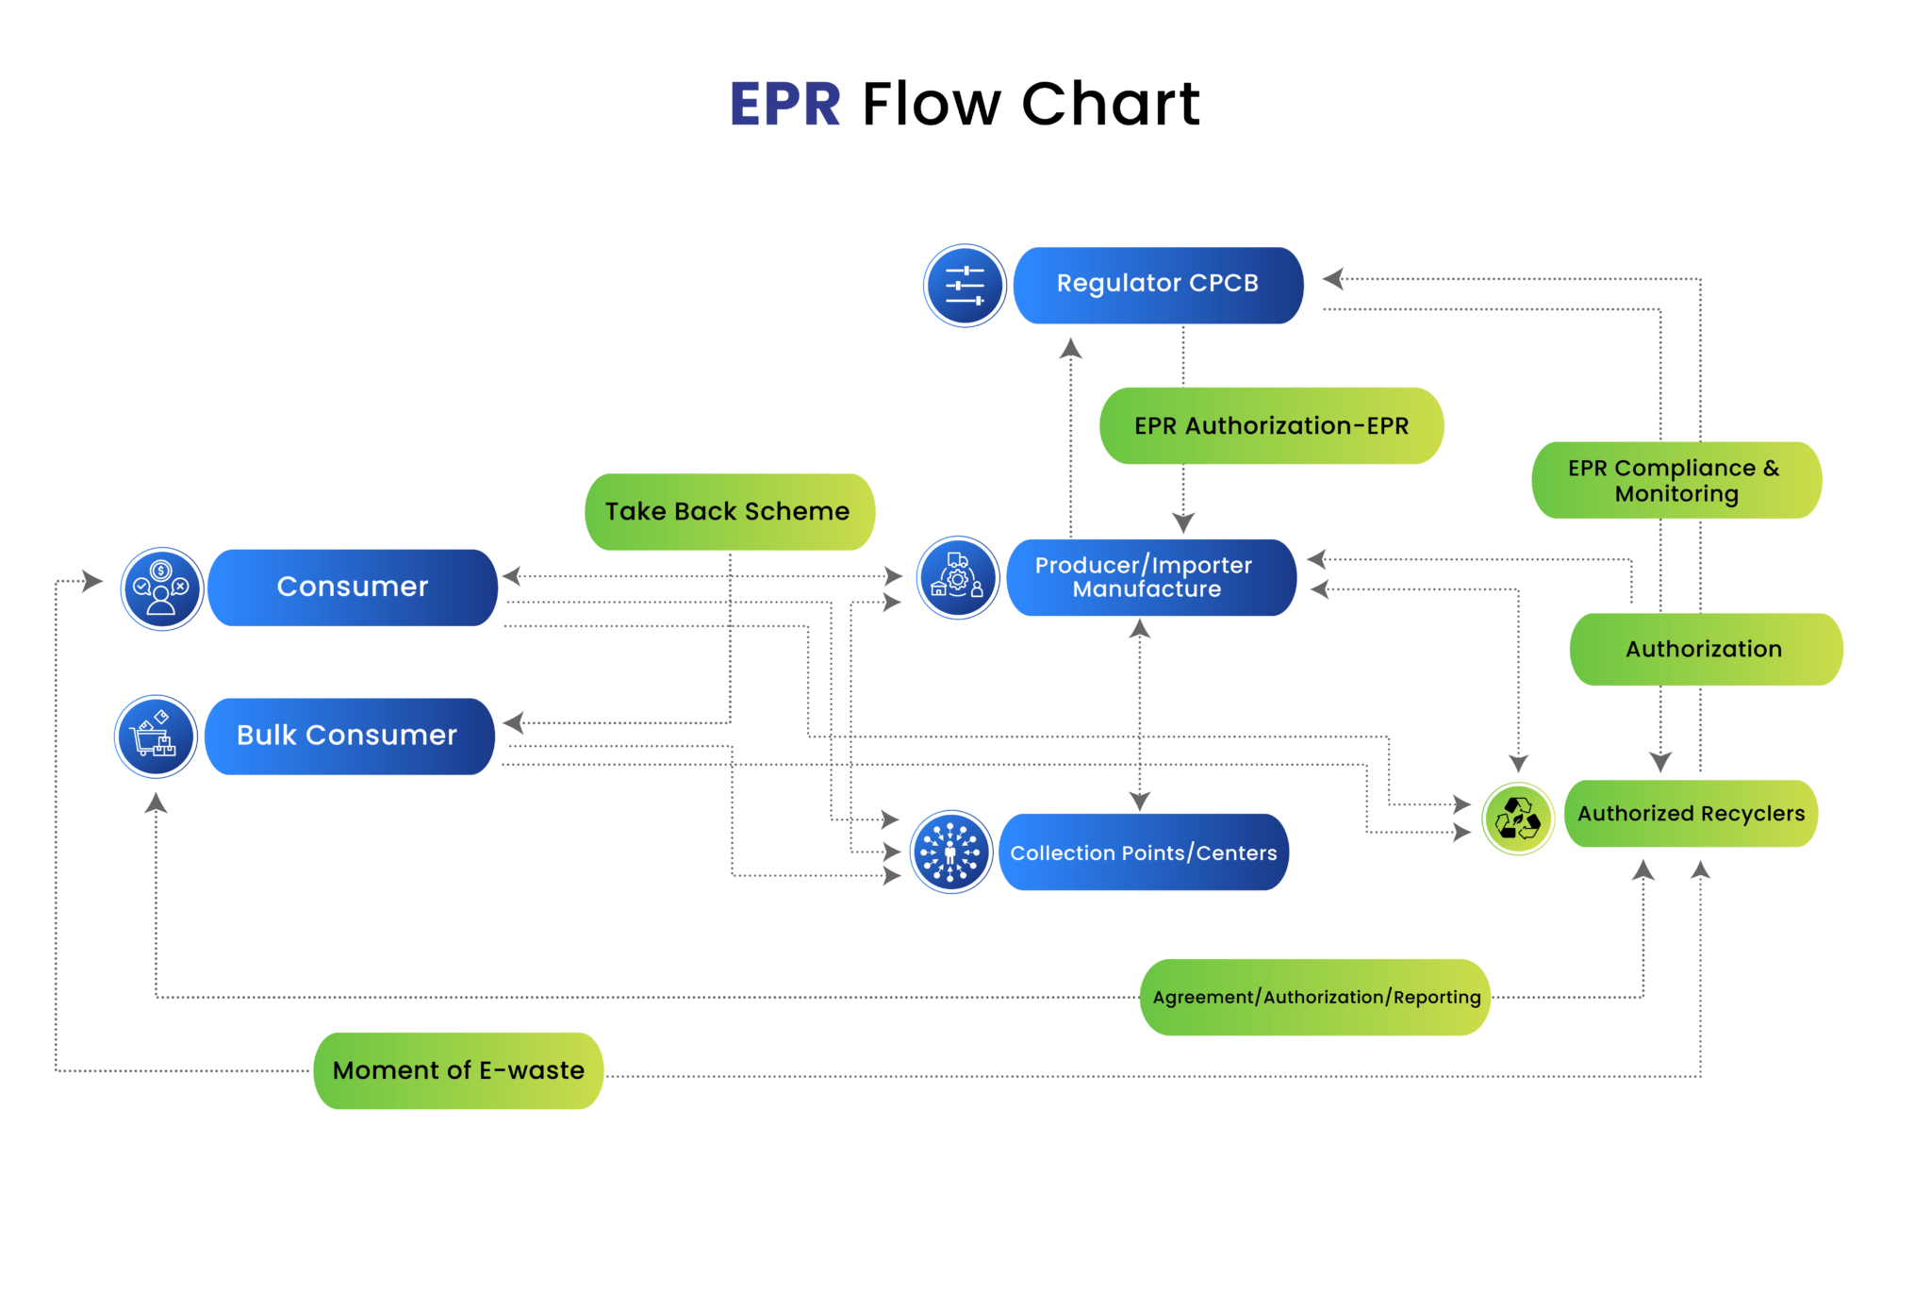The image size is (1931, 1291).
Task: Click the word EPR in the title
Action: pyautogui.click(x=784, y=104)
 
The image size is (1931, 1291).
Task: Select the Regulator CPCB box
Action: pyautogui.click(x=1158, y=285)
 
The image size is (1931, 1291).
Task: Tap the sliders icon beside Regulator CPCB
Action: pyautogui.click(x=965, y=286)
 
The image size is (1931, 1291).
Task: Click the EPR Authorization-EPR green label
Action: pyautogui.click(x=1271, y=426)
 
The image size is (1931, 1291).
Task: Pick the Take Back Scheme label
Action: pyautogui.click(x=729, y=512)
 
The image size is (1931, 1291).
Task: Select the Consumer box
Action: pyautogui.click(x=353, y=588)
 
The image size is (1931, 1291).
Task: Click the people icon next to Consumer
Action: pyautogui.click(x=162, y=588)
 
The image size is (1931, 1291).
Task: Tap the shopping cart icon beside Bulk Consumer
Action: pyautogui.click(x=156, y=737)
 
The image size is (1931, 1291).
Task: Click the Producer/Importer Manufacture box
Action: pyautogui.click(x=1150, y=577)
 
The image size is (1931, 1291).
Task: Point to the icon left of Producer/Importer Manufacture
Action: pyautogui.click(x=958, y=577)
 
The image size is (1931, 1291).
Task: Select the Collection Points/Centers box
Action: pyautogui.click(x=1143, y=852)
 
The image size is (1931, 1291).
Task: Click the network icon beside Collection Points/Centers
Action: pyautogui.click(x=950, y=852)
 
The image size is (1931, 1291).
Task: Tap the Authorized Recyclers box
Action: pyautogui.click(x=1691, y=814)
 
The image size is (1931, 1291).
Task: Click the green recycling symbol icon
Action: pyautogui.click(x=1518, y=819)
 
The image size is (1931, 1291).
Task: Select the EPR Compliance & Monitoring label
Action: pyautogui.click(x=1675, y=481)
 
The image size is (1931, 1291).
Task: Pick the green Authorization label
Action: pyautogui.click(x=1705, y=650)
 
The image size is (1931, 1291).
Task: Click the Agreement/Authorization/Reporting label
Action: pyautogui.click(x=1315, y=998)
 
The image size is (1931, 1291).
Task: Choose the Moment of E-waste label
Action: pyautogui.click(x=458, y=1071)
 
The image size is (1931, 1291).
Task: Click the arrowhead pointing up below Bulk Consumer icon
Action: pyautogui.click(x=157, y=803)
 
